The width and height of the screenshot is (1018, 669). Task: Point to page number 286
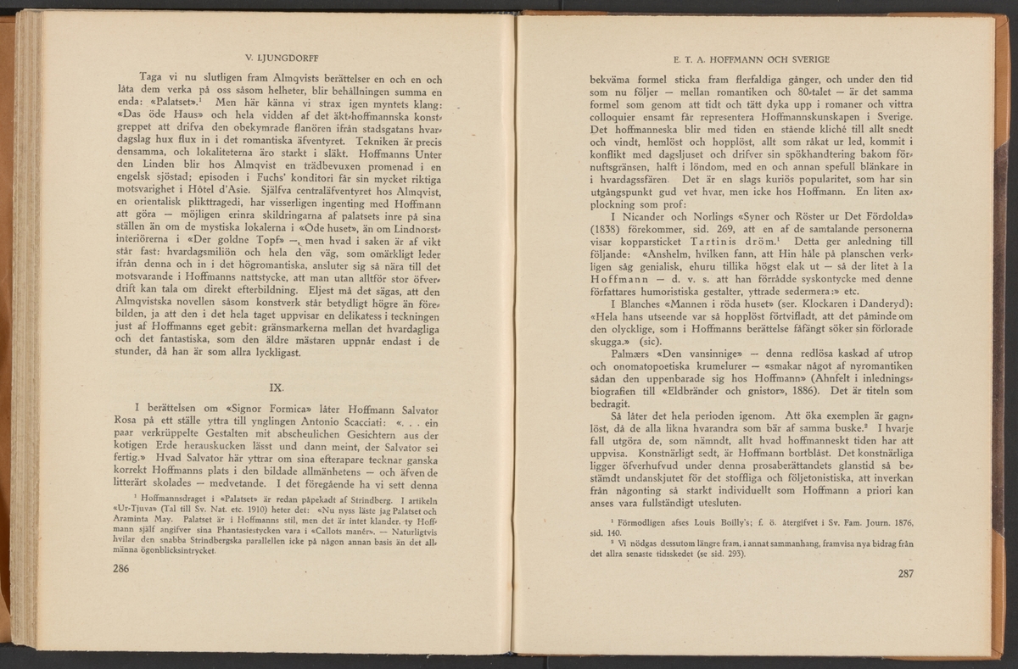[126, 569]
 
